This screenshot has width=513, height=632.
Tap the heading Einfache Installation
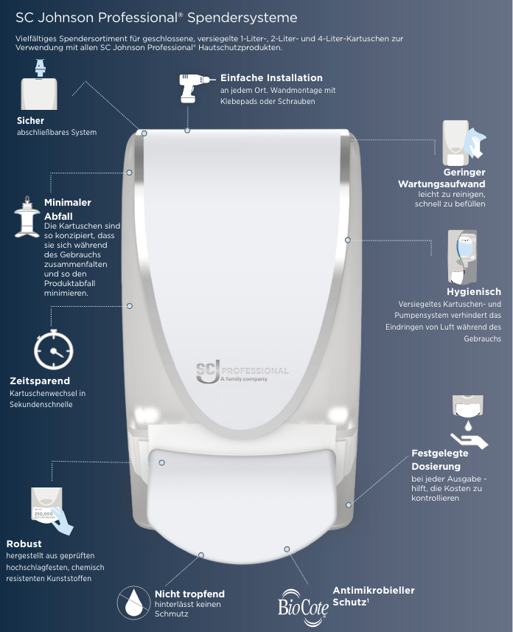tap(271, 77)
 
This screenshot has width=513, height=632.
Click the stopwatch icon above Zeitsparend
tap(54, 350)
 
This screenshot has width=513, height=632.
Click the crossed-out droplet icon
tap(133, 603)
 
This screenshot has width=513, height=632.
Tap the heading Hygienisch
tap(473, 291)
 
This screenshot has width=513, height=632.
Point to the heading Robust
tap(24, 544)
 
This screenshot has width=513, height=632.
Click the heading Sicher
tap(30, 120)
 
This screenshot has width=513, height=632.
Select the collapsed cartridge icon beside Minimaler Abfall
tap(27, 217)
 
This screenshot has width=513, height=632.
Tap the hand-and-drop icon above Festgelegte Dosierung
tap(469, 422)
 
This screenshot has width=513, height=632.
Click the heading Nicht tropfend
tap(189, 594)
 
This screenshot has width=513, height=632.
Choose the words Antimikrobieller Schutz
tap(373, 596)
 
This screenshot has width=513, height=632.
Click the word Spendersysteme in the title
tap(242, 18)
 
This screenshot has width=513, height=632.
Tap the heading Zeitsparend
tap(40, 381)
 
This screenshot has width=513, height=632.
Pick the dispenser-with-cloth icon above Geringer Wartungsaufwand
tap(464, 142)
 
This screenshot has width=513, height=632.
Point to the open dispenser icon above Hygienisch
tap(462, 257)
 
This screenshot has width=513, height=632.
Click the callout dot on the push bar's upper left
tap(161, 462)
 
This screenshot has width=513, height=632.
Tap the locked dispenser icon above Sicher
tap(39, 84)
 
